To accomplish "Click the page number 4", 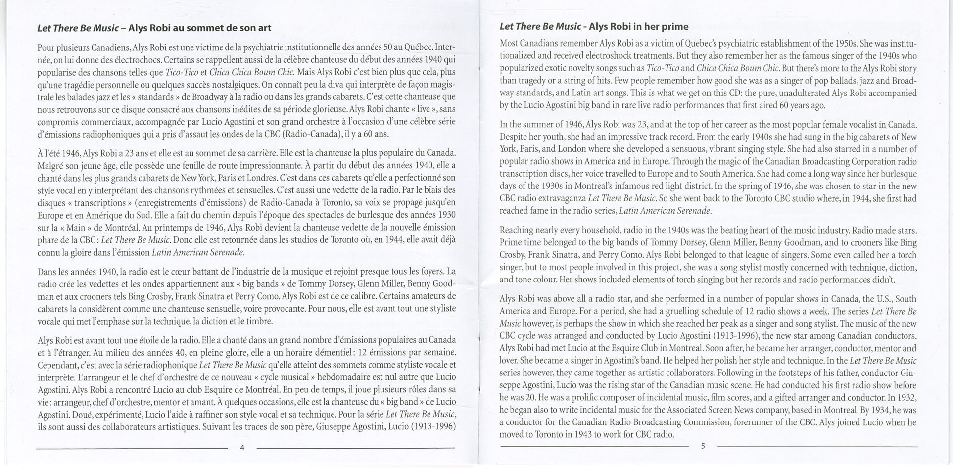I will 242,448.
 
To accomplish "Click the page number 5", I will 703,446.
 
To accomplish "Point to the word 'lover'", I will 508,361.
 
